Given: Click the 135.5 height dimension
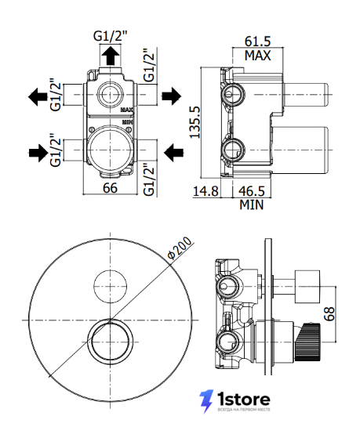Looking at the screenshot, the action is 195,122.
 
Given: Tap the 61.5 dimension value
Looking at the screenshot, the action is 257,41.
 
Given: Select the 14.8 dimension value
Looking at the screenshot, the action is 205,191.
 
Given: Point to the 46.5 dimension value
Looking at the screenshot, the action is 252,191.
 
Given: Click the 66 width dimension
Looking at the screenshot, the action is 110,188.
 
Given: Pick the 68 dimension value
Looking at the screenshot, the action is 329,313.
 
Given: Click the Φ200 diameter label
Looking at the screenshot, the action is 180,248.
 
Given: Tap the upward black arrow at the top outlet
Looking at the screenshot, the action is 111,56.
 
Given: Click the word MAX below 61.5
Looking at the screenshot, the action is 257,56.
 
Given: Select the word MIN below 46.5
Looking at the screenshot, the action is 252,204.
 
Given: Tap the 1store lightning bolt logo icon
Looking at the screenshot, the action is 206,401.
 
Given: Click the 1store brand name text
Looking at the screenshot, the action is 243,400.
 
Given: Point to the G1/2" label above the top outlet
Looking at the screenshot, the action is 111,36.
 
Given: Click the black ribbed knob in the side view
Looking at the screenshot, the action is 307,342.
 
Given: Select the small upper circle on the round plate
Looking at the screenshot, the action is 110,286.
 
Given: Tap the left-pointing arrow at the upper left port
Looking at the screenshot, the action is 38,96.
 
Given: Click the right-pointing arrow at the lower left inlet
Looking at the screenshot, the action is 38,153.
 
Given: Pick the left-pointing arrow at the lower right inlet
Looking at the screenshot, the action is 173,152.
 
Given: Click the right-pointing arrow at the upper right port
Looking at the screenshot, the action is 172,96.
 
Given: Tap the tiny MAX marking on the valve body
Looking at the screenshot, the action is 127,110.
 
